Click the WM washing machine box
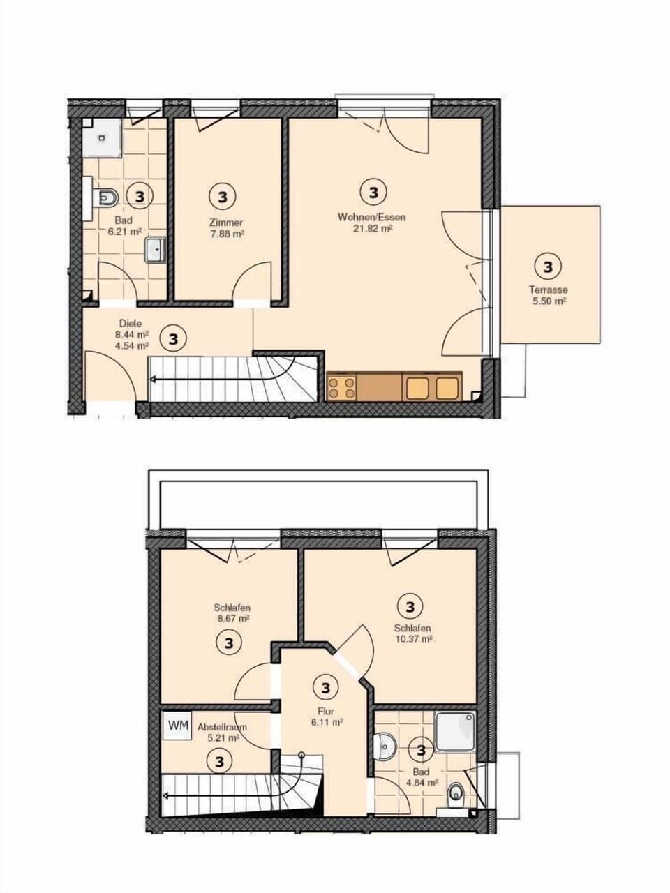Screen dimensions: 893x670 (178, 726)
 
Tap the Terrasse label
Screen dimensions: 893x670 (548, 290)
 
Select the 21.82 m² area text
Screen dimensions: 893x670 (373, 228)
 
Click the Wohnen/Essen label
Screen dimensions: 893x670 (372, 217)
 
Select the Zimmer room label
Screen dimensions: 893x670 (226, 223)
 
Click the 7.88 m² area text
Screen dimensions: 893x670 (227, 234)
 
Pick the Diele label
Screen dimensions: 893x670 (131, 324)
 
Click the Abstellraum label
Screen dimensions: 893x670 (222, 727)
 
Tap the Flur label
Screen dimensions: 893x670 (327, 712)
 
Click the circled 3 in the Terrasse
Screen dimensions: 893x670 (547, 266)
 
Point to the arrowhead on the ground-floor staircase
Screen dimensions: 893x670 (153, 380)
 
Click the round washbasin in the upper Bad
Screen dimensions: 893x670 (385, 745)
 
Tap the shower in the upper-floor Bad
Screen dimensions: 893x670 (455, 730)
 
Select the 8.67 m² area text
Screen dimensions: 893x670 (232, 618)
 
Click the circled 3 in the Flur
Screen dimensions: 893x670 (326, 689)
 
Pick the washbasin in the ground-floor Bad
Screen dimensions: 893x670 (155, 250)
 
